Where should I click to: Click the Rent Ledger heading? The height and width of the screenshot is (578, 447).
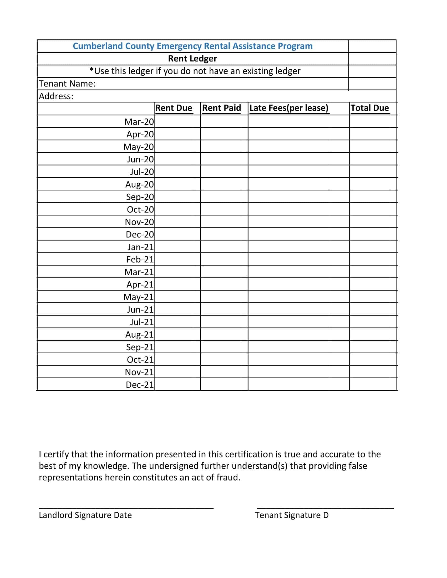pyautogui.click(x=192, y=59)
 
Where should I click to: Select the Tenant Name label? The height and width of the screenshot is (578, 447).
pyautogui.click(x=67, y=84)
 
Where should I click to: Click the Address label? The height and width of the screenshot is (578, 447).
pyautogui.click(x=56, y=96)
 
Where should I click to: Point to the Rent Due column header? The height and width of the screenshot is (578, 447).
pyautogui.click(x=174, y=108)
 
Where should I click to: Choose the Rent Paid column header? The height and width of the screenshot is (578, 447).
pyautogui.click(x=221, y=108)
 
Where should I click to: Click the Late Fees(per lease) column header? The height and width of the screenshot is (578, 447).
pyautogui.click(x=289, y=108)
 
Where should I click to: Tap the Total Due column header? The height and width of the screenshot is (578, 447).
pyautogui.click(x=370, y=108)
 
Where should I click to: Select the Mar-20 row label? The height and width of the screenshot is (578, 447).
pyautogui.click(x=139, y=122)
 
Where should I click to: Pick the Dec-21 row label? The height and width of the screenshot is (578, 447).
pyautogui.click(x=140, y=385)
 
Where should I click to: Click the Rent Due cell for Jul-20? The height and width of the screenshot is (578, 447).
pyautogui.click(x=177, y=172)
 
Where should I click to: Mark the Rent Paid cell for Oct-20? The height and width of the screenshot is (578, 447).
pyautogui.click(x=224, y=209)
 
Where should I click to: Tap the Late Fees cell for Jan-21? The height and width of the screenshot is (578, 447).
pyautogui.click(x=298, y=247)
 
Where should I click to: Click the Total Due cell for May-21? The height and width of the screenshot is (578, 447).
pyautogui.click(x=373, y=297)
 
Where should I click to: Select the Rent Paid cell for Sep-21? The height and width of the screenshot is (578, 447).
pyautogui.click(x=224, y=347)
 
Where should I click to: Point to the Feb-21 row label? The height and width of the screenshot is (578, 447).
pyautogui.click(x=140, y=259)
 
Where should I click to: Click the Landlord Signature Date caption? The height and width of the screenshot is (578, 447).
pyautogui.click(x=85, y=515)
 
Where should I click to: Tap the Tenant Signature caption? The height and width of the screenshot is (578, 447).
pyautogui.click(x=292, y=515)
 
